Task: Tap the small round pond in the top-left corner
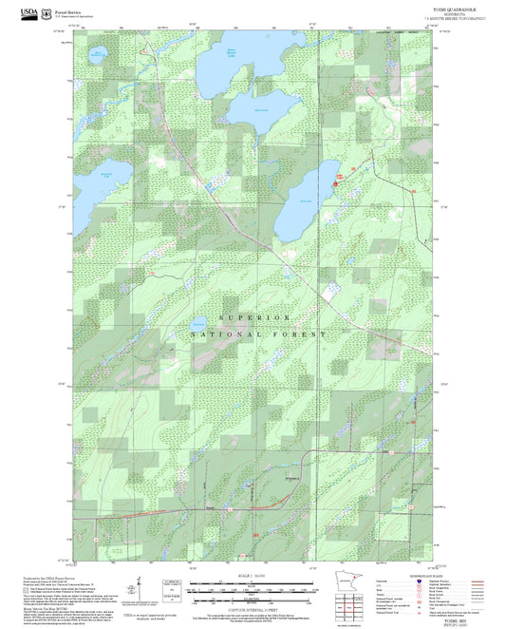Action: (98, 56)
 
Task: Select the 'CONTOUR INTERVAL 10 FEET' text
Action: (253, 606)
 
